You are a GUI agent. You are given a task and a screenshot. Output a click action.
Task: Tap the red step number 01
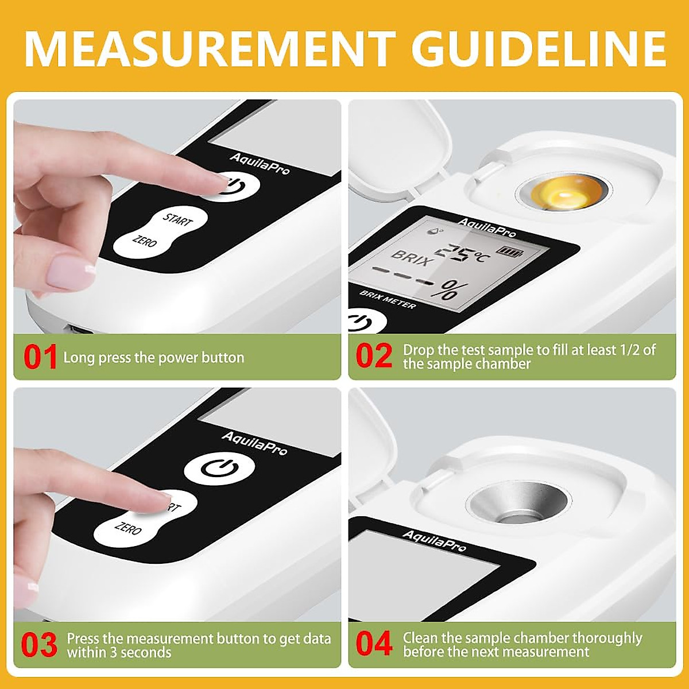[x=40, y=357]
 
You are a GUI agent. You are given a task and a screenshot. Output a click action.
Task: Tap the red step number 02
[x=374, y=356]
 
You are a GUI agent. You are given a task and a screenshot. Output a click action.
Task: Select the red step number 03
[x=39, y=645]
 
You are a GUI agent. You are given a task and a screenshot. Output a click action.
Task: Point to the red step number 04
[x=374, y=644]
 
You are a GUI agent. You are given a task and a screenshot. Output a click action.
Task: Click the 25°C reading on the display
[x=460, y=253]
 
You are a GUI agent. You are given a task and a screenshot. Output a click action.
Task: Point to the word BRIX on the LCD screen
[x=411, y=257]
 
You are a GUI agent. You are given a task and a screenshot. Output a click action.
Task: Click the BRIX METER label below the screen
[x=388, y=299]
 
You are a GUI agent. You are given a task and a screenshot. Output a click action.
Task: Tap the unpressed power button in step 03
[x=219, y=469]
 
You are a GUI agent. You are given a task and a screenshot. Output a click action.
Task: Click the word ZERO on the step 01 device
[x=144, y=240]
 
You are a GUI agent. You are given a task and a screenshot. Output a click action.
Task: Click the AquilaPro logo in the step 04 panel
[x=434, y=540]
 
